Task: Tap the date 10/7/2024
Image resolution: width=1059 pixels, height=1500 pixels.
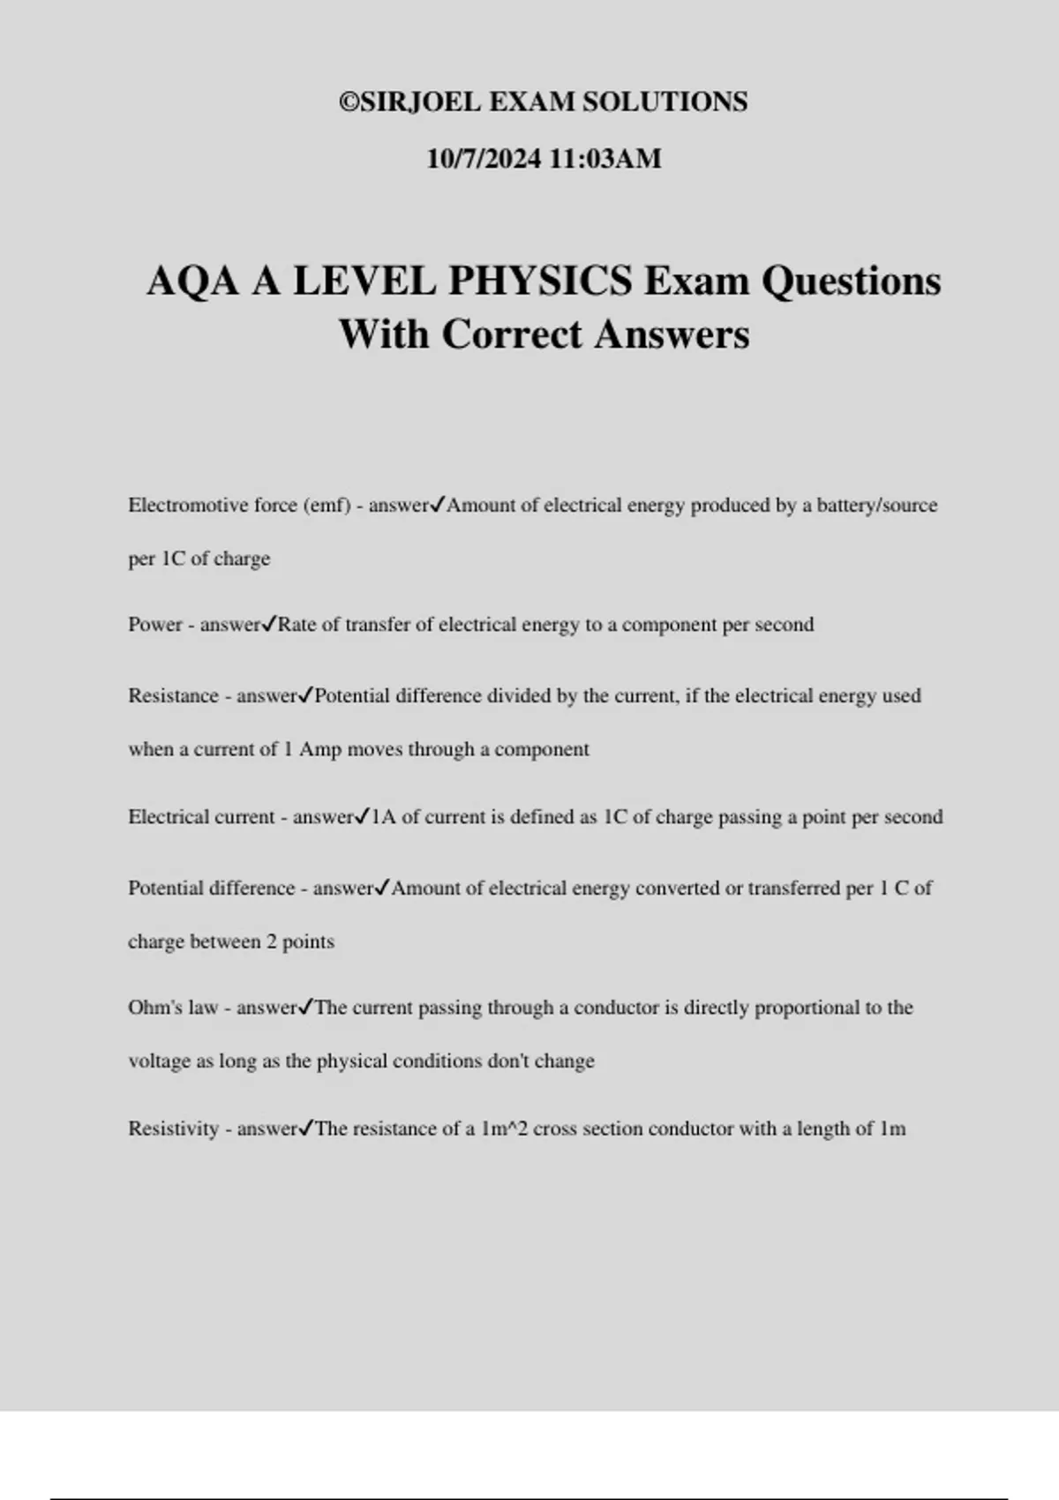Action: click(x=484, y=160)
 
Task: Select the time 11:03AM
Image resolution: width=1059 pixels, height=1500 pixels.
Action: click(x=605, y=160)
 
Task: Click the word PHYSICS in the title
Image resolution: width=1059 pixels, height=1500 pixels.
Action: click(x=539, y=281)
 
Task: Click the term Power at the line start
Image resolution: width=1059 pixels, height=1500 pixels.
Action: click(x=154, y=625)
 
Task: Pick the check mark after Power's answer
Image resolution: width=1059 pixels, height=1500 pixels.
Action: click(x=270, y=625)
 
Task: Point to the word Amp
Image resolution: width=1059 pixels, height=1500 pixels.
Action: click(x=319, y=750)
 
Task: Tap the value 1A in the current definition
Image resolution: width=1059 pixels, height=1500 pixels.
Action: click(x=383, y=817)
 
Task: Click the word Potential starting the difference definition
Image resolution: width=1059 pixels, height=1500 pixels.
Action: click(x=167, y=889)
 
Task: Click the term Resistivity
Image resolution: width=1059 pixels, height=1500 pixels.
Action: click(x=173, y=1129)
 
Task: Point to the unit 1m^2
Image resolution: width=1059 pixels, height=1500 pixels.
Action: click(x=504, y=1129)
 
